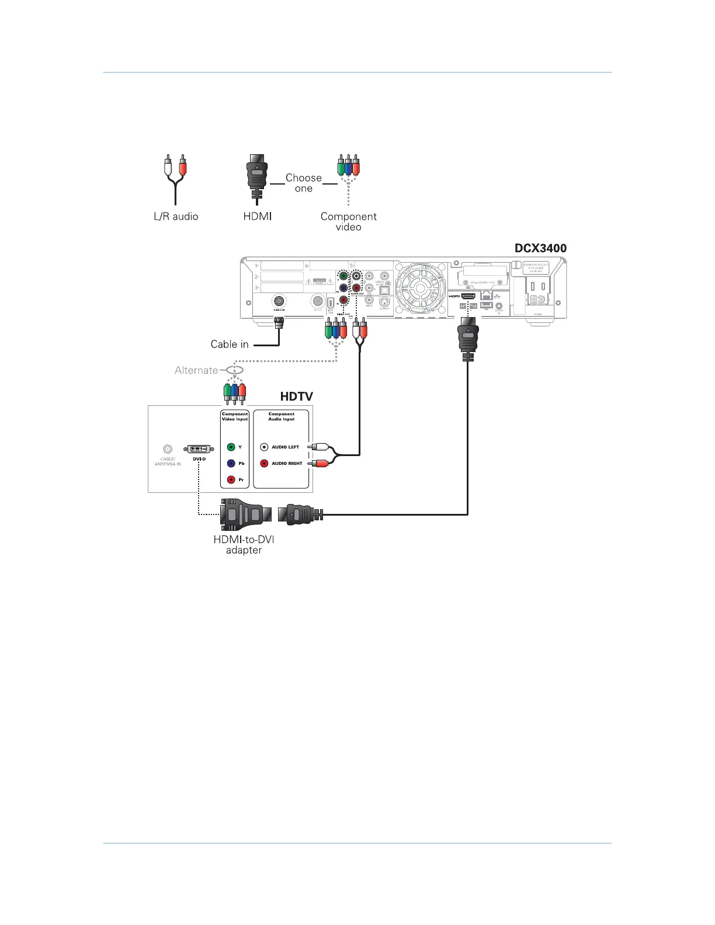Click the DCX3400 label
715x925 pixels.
(540, 248)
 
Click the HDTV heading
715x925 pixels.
(296, 397)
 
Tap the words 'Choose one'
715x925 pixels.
(303, 183)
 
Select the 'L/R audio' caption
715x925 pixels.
(176, 217)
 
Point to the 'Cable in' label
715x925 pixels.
(230, 345)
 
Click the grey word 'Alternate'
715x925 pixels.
(196, 370)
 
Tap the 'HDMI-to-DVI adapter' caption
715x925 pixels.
(244, 545)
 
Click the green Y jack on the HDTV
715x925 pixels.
(231, 447)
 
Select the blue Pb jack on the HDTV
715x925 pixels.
(231, 464)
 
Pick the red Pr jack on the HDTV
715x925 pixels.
(231, 480)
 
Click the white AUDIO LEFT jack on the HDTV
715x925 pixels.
(264, 447)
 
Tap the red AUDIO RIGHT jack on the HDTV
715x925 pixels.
(264, 464)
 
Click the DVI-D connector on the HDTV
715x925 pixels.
(198, 449)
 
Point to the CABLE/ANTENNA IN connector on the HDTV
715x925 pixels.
(168, 449)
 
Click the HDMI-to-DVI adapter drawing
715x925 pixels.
(246, 514)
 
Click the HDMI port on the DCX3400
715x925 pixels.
(468, 296)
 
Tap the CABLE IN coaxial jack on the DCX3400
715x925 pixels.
(279, 301)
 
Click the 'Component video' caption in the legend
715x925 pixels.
(348, 221)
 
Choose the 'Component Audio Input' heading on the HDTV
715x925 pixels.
(281, 416)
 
